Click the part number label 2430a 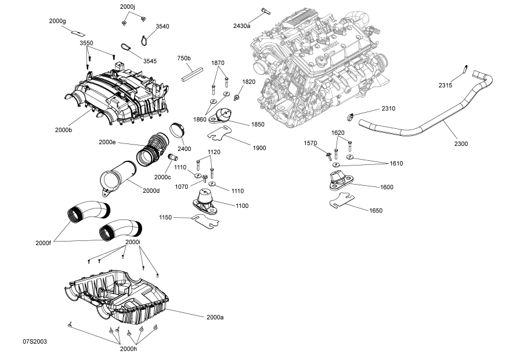click(241, 26)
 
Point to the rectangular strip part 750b click(190, 73)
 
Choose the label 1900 click(259, 148)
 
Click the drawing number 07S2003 click(35, 341)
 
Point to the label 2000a click(214, 317)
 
